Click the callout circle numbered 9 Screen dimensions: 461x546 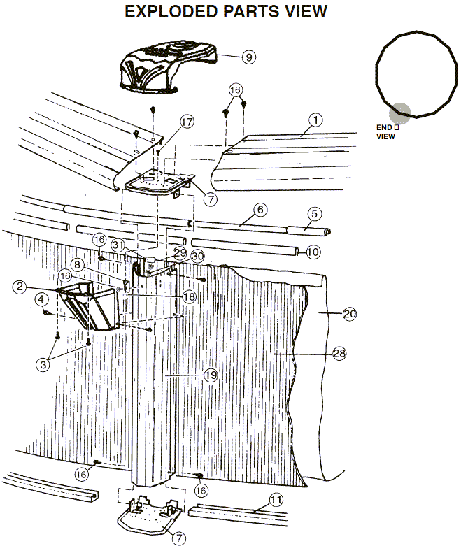click(249, 57)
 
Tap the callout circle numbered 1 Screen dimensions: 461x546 click(315, 120)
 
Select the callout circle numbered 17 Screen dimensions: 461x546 click(187, 122)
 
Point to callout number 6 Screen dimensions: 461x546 click(260, 210)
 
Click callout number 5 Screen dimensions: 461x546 click(314, 213)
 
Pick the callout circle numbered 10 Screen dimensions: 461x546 click(313, 252)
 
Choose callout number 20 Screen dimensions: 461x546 click(350, 314)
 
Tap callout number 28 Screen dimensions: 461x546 click(339, 354)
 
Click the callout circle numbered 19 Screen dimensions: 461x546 click(211, 375)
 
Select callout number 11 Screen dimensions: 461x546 click(276, 500)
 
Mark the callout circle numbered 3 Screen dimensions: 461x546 click(43, 364)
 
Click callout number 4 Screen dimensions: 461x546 click(41, 299)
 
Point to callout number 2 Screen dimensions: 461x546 click(20, 287)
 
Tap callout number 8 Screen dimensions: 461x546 click(78, 265)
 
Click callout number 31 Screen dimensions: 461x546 click(118, 245)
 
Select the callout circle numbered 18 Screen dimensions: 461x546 click(189, 296)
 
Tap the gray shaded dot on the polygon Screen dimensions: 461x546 click(400, 113)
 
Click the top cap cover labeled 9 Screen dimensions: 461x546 click(168, 71)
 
